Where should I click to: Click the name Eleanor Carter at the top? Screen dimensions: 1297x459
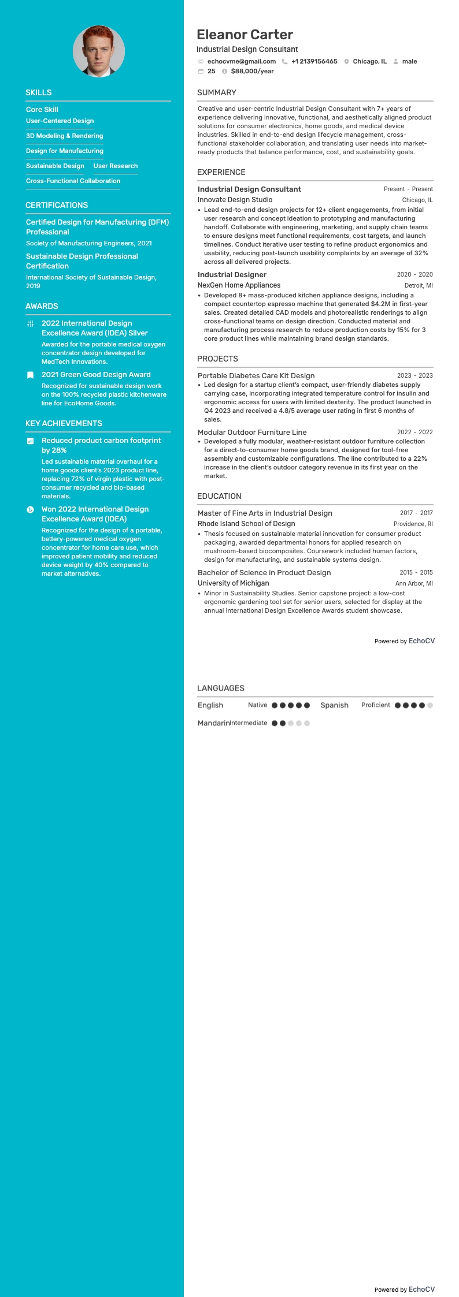tap(245, 35)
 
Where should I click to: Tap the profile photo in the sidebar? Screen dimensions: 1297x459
tap(99, 51)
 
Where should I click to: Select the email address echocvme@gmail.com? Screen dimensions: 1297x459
tap(241, 61)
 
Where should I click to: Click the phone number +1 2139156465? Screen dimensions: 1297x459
tap(314, 61)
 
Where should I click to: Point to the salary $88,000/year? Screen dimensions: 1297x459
tap(252, 71)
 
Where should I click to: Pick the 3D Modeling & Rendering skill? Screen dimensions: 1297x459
tap(64, 136)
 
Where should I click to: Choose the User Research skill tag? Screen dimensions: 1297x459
tap(116, 166)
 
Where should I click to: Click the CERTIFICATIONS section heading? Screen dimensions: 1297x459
tap(57, 205)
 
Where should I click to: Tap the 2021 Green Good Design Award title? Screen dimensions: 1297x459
tap(96, 375)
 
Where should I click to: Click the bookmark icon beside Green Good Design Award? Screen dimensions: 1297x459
tap(31, 375)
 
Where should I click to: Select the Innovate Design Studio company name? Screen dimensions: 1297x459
tap(235, 200)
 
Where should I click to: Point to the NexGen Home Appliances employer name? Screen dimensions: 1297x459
tap(239, 285)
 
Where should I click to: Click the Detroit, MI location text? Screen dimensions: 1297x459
tap(419, 285)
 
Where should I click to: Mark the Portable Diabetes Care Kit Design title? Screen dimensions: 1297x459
tap(256, 375)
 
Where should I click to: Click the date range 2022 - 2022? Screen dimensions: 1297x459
tap(414, 432)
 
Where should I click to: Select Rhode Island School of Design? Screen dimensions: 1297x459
tap(246, 524)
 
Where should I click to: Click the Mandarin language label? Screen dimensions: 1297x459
tap(213, 723)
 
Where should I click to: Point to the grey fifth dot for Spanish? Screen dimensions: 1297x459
tap(430, 705)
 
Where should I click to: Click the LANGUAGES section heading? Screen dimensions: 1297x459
tap(221, 688)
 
